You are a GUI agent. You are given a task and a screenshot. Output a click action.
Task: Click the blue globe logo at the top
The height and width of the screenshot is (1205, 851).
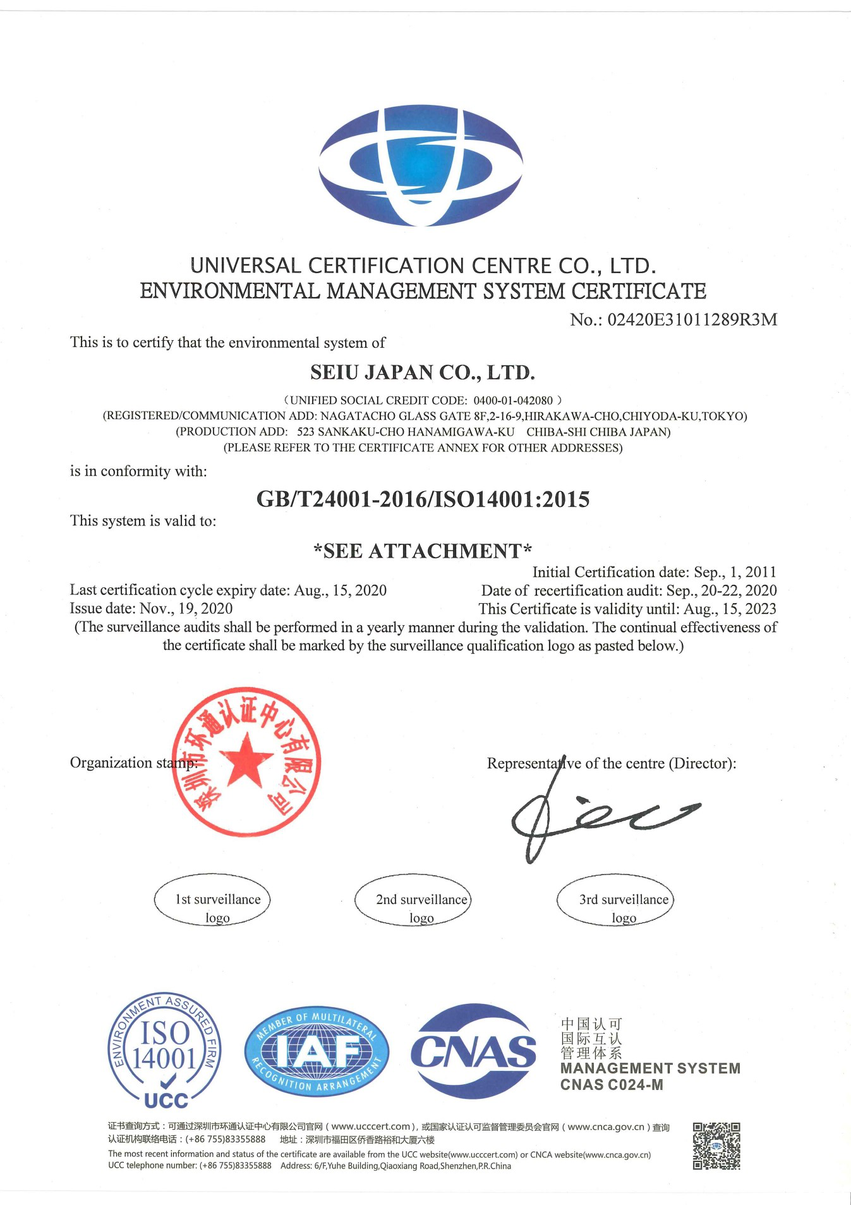(x=421, y=166)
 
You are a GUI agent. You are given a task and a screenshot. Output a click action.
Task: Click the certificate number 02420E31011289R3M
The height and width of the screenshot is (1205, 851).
(x=692, y=320)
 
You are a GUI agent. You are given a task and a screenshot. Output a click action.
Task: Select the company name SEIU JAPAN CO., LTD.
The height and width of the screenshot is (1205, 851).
(x=423, y=372)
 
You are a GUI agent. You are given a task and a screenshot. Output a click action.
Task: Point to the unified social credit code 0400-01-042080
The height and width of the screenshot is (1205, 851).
(x=513, y=401)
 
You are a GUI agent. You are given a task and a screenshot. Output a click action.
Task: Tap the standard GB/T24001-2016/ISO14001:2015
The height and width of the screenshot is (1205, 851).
(x=423, y=499)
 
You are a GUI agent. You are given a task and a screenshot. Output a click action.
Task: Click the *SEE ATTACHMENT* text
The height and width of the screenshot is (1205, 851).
(x=423, y=551)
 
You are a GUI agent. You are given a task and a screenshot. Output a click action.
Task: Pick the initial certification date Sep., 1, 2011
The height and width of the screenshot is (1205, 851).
(x=735, y=572)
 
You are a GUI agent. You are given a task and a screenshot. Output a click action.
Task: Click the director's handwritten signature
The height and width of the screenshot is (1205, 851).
(x=594, y=816)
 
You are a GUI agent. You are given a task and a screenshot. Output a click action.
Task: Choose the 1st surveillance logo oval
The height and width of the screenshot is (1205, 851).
(x=212, y=900)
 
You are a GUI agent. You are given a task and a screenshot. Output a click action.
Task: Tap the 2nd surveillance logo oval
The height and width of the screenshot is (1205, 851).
(x=414, y=900)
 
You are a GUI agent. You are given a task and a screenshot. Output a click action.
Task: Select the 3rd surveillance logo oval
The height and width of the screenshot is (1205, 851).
(x=615, y=900)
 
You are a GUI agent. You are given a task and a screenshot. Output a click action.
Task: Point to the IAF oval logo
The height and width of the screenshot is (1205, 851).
(x=317, y=1051)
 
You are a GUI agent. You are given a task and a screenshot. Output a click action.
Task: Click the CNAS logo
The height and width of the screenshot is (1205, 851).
(x=474, y=1051)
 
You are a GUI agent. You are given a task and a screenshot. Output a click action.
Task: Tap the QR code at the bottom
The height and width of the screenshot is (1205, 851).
(x=716, y=1146)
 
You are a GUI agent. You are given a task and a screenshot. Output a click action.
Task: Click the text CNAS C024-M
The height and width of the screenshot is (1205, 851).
(x=612, y=1085)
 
